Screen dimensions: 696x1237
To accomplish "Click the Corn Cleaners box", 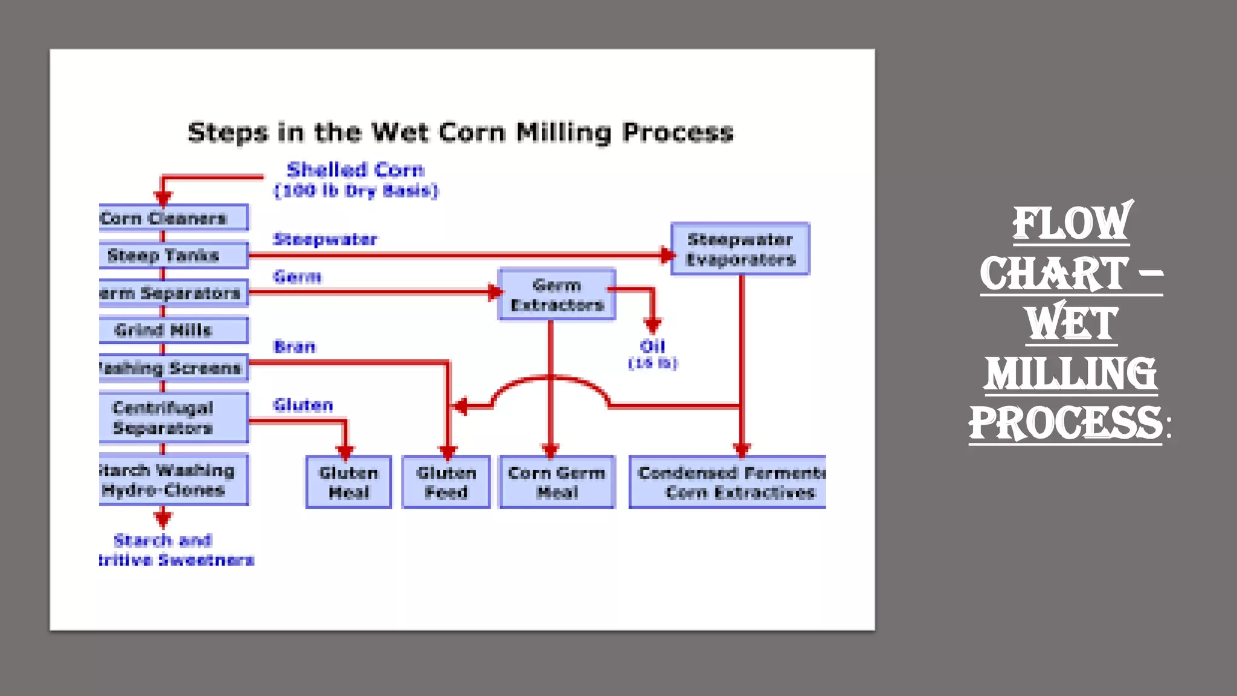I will click(x=173, y=218).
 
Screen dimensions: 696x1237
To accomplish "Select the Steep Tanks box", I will click(x=173, y=256).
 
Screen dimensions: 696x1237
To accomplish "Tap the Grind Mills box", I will click(x=173, y=330).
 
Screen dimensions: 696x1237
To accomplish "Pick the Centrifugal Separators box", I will click(x=173, y=418).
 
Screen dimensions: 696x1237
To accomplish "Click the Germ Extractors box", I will click(x=557, y=295).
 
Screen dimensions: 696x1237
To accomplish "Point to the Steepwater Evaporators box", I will click(x=741, y=250).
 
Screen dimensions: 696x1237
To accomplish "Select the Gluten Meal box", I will click(x=349, y=482).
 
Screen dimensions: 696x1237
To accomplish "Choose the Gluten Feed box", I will click(x=446, y=482).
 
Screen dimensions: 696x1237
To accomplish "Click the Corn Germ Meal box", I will click(x=557, y=482).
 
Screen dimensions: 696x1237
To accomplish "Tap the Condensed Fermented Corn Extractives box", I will click(x=728, y=482).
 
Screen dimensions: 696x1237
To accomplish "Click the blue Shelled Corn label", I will click(x=356, y=170).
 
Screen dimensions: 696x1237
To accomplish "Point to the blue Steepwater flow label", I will click(x=325, y=240).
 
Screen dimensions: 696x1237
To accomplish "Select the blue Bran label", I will click(x=294, y=347).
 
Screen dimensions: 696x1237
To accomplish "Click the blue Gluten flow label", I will click(x=303, y=405).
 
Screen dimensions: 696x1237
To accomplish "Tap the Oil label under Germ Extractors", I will click(x=652, y=347).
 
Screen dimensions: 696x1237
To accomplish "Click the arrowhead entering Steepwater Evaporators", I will click(x=666, y=256).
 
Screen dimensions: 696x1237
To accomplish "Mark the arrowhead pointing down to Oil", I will click(x=652, y=326).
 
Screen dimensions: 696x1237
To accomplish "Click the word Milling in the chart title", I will click(x=564, y=133).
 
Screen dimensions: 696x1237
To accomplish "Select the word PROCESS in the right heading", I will click(x=1065, y=424).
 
